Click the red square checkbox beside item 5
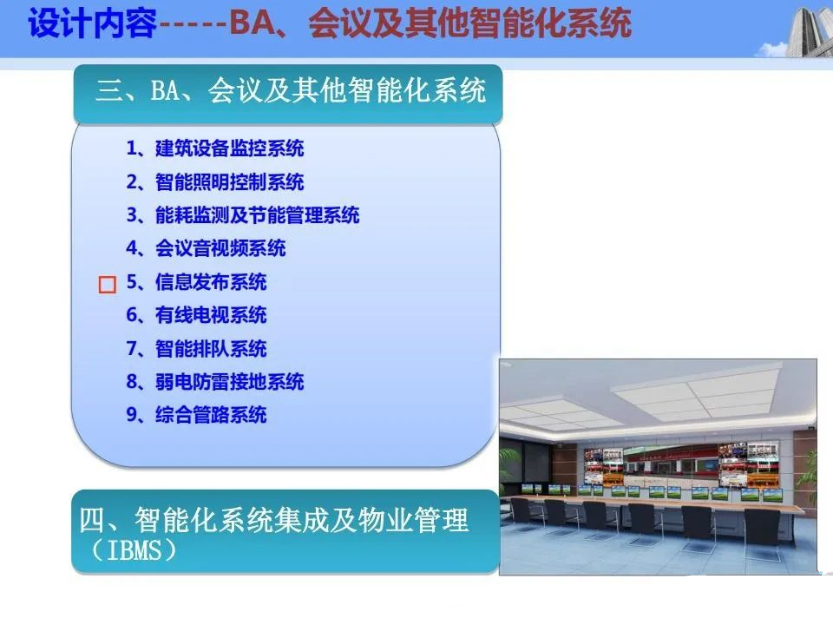point(108,285)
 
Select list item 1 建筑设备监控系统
point(214,148)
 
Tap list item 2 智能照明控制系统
point(214,181)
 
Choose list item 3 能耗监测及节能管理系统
point(243,215)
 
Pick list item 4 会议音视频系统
point(206,248)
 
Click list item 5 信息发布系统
point(196,281)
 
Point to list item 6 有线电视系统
point(196,315)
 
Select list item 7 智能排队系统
point(196,349)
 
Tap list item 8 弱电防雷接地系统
point(214,382)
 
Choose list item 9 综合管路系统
point(196,415)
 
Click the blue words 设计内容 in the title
point(93,23)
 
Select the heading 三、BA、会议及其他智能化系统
point(291,90)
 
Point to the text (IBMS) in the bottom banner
point(134,550)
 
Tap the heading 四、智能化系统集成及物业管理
point(273,520)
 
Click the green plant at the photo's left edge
point(511,468)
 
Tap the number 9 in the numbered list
point(132,415)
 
